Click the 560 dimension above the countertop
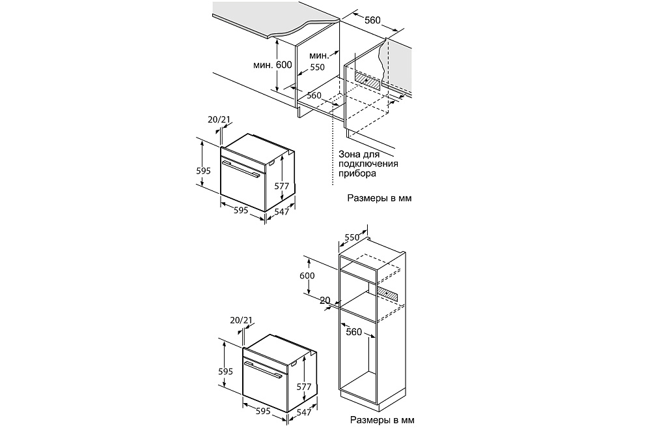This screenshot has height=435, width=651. coord(372,20)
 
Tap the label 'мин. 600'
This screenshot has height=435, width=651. coord(272,65)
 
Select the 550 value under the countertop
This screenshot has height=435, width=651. coord(317,67)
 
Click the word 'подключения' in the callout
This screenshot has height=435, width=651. coord(368,164)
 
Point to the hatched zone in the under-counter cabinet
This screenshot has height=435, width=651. coord(367,80)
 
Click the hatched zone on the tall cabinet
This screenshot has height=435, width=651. coord(387,294)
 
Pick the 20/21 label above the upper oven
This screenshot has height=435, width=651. coord(219,119)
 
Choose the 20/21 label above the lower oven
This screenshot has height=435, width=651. coord(241,320)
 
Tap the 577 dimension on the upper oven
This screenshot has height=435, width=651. coord(281,186)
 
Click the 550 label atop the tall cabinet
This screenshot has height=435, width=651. coord(352,237)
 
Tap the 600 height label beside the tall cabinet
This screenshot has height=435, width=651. coord(307,275)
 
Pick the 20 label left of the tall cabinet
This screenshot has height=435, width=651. coord(325,300)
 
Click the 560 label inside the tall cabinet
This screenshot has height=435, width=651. coord(353,331)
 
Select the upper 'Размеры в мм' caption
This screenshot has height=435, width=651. coord(380,198)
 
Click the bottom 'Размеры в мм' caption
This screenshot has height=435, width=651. coord(382,420)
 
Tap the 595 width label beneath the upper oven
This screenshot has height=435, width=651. coord(241,210)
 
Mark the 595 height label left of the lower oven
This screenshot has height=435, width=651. coord(225,371)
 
